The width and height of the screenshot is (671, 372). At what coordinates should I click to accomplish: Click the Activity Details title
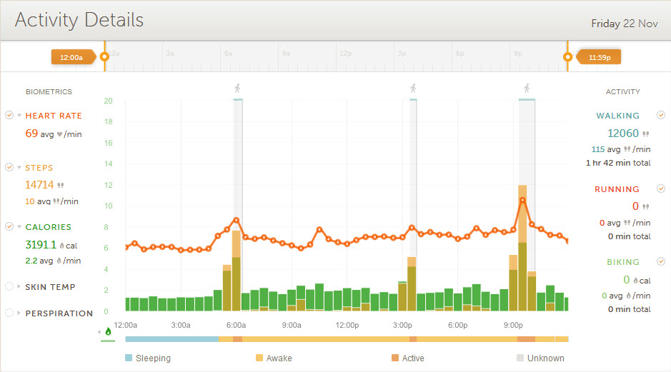coord(79,20)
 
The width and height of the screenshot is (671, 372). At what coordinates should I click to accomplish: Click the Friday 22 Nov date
coord(624,24)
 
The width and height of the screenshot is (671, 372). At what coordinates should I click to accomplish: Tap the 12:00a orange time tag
coord(71,56)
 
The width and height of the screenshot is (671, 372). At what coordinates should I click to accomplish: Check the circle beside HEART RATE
coord(9,115)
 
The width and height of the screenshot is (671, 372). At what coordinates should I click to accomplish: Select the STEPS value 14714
coord(39,185)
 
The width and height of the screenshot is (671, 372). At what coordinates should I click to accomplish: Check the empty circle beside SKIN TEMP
coord(9,286)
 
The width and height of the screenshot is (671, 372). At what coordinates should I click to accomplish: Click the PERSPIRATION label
coord(59,313)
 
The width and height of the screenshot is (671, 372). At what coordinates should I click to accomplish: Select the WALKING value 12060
coord(622,133)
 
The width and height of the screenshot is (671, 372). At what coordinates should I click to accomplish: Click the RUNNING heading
coord(617,189)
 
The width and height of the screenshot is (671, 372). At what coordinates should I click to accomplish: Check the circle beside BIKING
coord(661,262)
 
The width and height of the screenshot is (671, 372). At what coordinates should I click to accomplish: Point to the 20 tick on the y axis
coord(108,101)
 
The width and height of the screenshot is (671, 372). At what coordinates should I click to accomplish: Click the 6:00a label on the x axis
coord(236,325)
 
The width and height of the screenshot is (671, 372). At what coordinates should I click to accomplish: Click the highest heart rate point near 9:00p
coord(522,200)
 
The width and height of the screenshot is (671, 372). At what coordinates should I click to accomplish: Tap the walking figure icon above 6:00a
coord(238,89)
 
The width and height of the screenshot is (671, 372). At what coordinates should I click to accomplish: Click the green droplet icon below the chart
coord(108,331)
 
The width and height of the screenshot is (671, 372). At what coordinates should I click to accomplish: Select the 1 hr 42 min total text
coord(618,163)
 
